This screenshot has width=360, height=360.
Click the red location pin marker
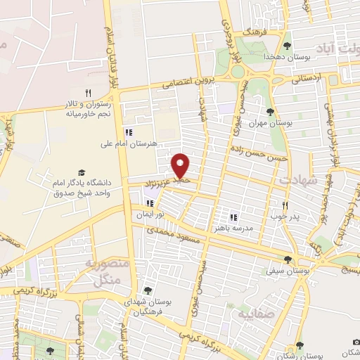[181, 166]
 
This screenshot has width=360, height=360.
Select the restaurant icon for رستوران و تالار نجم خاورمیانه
[88, 93]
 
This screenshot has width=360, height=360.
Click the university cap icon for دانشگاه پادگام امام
[82, 173]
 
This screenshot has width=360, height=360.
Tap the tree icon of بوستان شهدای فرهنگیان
[147, 290]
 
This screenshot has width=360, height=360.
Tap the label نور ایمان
[150, 213]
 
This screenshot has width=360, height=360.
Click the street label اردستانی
[323, 77]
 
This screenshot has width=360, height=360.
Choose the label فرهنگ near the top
[252, 32]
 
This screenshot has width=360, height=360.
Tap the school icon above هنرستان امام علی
[127, 131]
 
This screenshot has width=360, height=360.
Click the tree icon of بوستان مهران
[270, 111]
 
